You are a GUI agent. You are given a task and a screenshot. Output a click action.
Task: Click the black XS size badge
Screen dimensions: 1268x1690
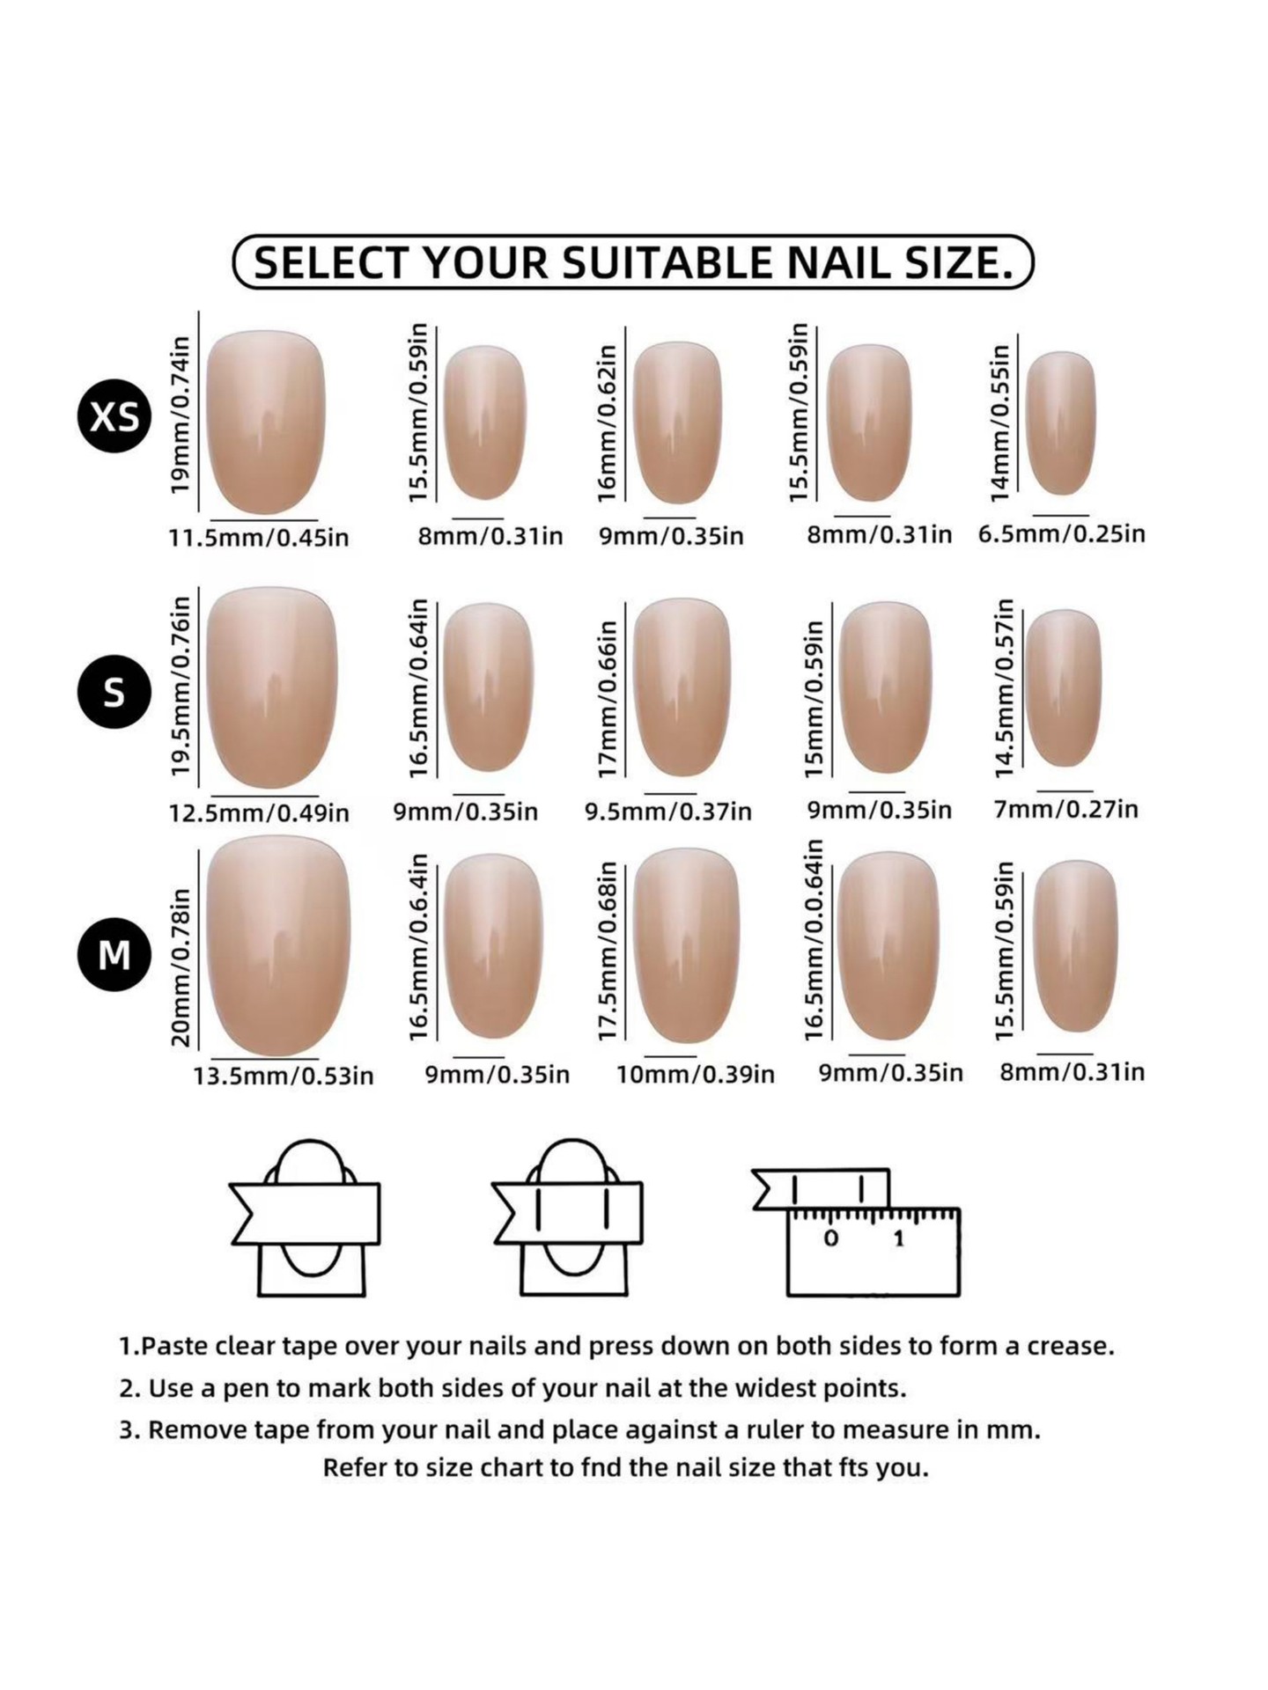114,415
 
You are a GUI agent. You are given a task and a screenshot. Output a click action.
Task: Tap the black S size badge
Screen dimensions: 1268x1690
114,692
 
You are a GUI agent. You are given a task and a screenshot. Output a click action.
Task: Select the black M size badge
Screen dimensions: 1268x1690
114,954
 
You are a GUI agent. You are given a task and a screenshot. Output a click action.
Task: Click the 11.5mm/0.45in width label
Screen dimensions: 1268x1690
259,537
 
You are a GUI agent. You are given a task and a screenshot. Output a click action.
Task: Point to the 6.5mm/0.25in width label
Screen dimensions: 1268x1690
1062,533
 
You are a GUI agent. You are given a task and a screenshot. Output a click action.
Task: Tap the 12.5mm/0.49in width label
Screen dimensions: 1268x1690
259,812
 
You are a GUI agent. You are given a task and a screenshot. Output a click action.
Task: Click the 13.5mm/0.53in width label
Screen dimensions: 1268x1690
284,1076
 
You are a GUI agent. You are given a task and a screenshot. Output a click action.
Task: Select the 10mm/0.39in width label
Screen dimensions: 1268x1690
696,1075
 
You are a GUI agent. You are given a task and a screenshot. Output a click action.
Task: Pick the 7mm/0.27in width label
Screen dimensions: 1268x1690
1066,809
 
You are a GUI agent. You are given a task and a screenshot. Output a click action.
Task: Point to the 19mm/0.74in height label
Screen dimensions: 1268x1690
180,414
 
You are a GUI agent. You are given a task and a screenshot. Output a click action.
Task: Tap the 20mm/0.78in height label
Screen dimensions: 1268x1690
180,967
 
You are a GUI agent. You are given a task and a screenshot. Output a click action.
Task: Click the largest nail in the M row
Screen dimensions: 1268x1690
278,946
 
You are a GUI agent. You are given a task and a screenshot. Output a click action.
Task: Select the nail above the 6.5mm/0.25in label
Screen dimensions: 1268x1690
1061,422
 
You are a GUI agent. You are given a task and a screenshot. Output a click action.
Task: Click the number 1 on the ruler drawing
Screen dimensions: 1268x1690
898,1239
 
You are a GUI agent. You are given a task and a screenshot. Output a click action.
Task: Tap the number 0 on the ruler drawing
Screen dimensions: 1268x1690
830,1239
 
